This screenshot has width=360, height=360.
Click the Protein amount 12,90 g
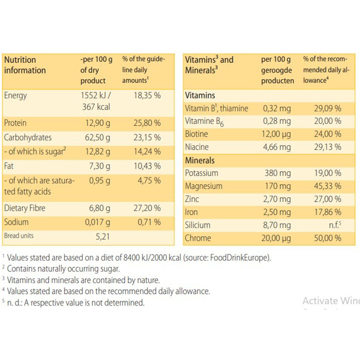pyautogui.click(x=97, y=123)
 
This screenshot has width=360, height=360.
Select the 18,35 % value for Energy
pyautogui.click(x=147, y=95)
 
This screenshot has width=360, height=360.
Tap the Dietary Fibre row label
pyautogui.click(x=25, y=208)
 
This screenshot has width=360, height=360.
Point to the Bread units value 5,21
pyautogui.click(x=103, y=236)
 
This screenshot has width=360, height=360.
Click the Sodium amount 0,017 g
pyautogui.click(x=97, y=222)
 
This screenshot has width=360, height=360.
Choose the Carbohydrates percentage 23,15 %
pyautogui.click(x=147, y=137)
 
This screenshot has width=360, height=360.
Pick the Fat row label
pyautogui.click(x=9, y=166)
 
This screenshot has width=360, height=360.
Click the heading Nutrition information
pyautogui.click(x=25, y=65)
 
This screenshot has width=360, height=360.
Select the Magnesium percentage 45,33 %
pyautogui.click(x=327, y=186)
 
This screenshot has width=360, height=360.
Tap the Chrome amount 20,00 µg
pyautogui.click(x=276, y=238)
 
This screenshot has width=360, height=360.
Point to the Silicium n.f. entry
pyautogui.click(x=335, y=225)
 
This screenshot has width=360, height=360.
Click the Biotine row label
pyautogui.click(x=196, y=134)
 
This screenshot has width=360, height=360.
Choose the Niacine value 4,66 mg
pyautogui.click(x=277, y=147)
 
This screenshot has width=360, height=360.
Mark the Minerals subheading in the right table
pyautogui.click(x=200, y=160)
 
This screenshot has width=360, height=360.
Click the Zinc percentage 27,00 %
pyautogui.click(x=327, y=199)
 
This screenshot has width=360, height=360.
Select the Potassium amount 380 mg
pyautogui.click(x=277, y=173)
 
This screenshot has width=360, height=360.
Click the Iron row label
pyautogui.click(x=191, y=212)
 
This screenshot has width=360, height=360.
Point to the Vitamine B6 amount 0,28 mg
pyautogui.click(x=277, y=121)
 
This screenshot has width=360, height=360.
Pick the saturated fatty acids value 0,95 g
pyautogui.click(x=99, y=181)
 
